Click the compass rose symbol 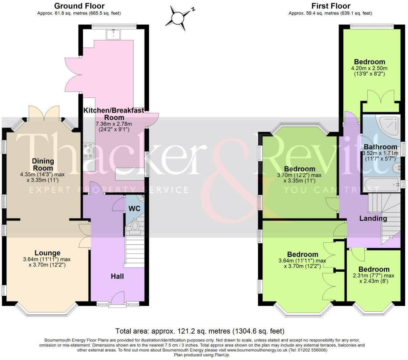(178, 18)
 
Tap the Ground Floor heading (79, 6)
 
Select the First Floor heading (331, 6)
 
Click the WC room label (134, 209)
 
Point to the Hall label (117, 277)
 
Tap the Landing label (373, 218)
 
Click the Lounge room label (48, 253)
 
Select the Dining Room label (43, 165)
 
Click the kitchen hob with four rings (88, 150)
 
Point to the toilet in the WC (134, 227)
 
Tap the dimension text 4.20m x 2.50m (369, 68)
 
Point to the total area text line (200, 331)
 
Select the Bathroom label (380, 147)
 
